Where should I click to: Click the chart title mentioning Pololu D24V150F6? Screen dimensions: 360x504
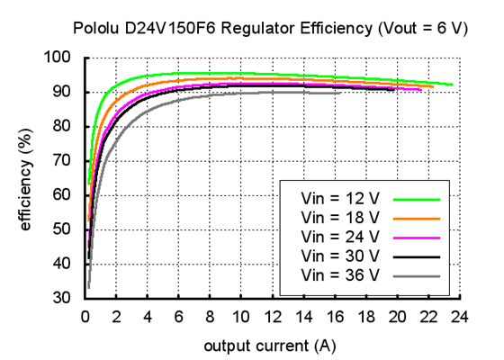(x=270, y=28)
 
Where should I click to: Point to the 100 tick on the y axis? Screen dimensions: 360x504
(x=62, y=58)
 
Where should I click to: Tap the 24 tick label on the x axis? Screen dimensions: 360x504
(x=459, y=316)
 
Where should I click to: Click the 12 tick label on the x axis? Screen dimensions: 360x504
(x=272, y=316)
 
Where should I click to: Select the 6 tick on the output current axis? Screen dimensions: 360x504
(x=178, y=316)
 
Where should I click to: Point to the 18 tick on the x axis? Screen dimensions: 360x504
(x=365, y=316)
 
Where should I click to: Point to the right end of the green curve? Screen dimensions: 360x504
(x=452, y=85)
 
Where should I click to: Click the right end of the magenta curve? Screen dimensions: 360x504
(x=420, y=90)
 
